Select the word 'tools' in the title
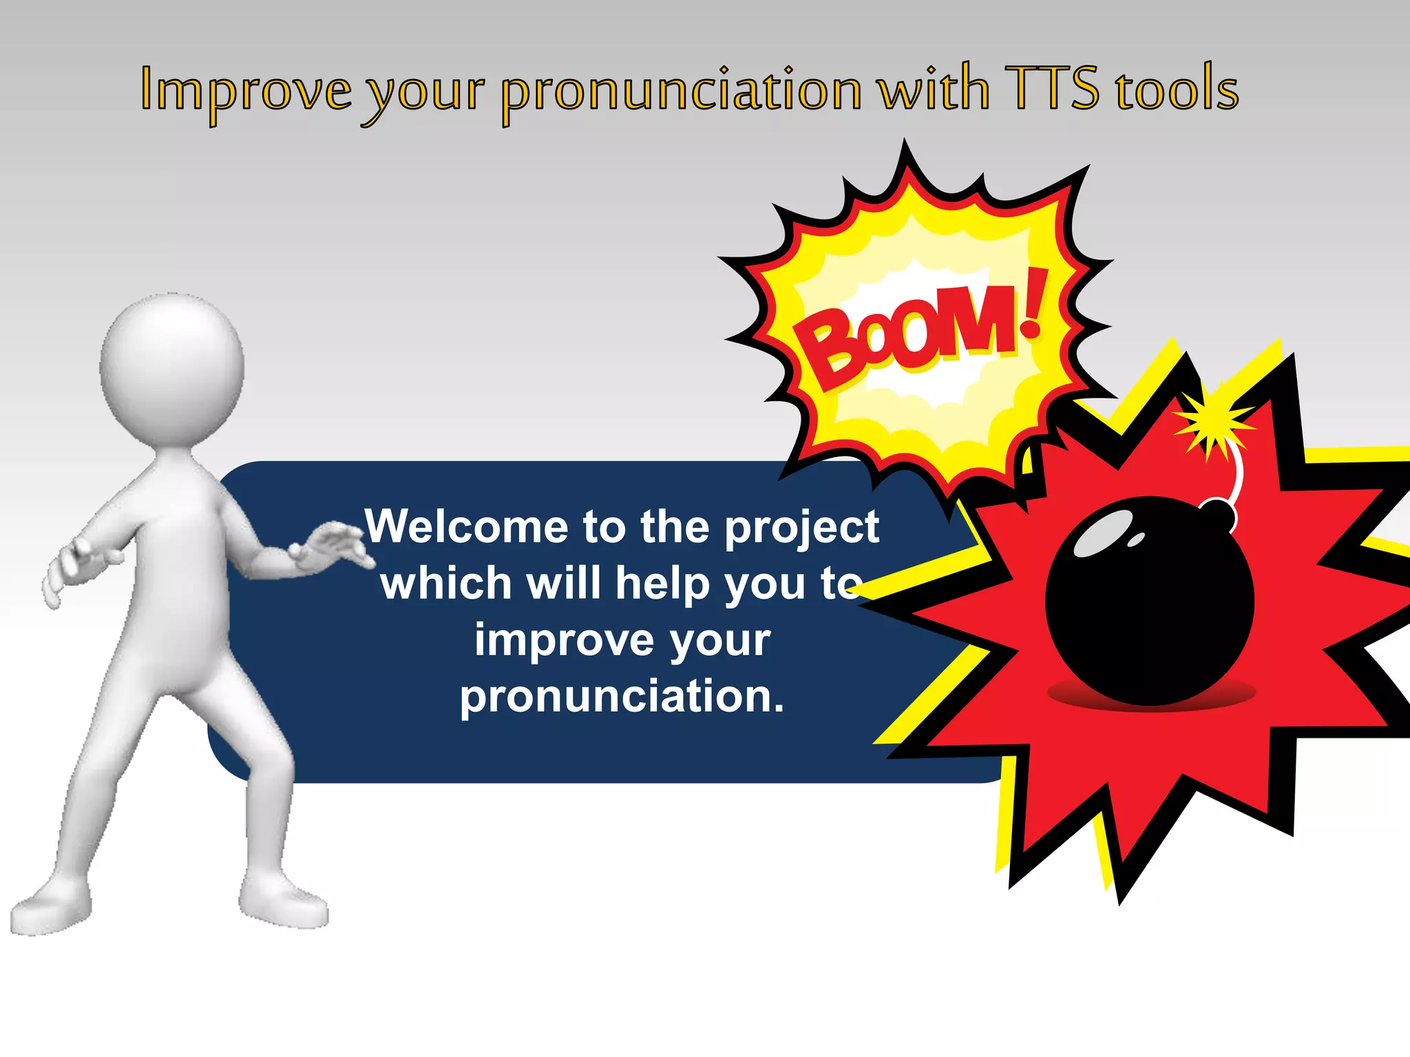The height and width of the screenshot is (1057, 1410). click(x=1177, y=89)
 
